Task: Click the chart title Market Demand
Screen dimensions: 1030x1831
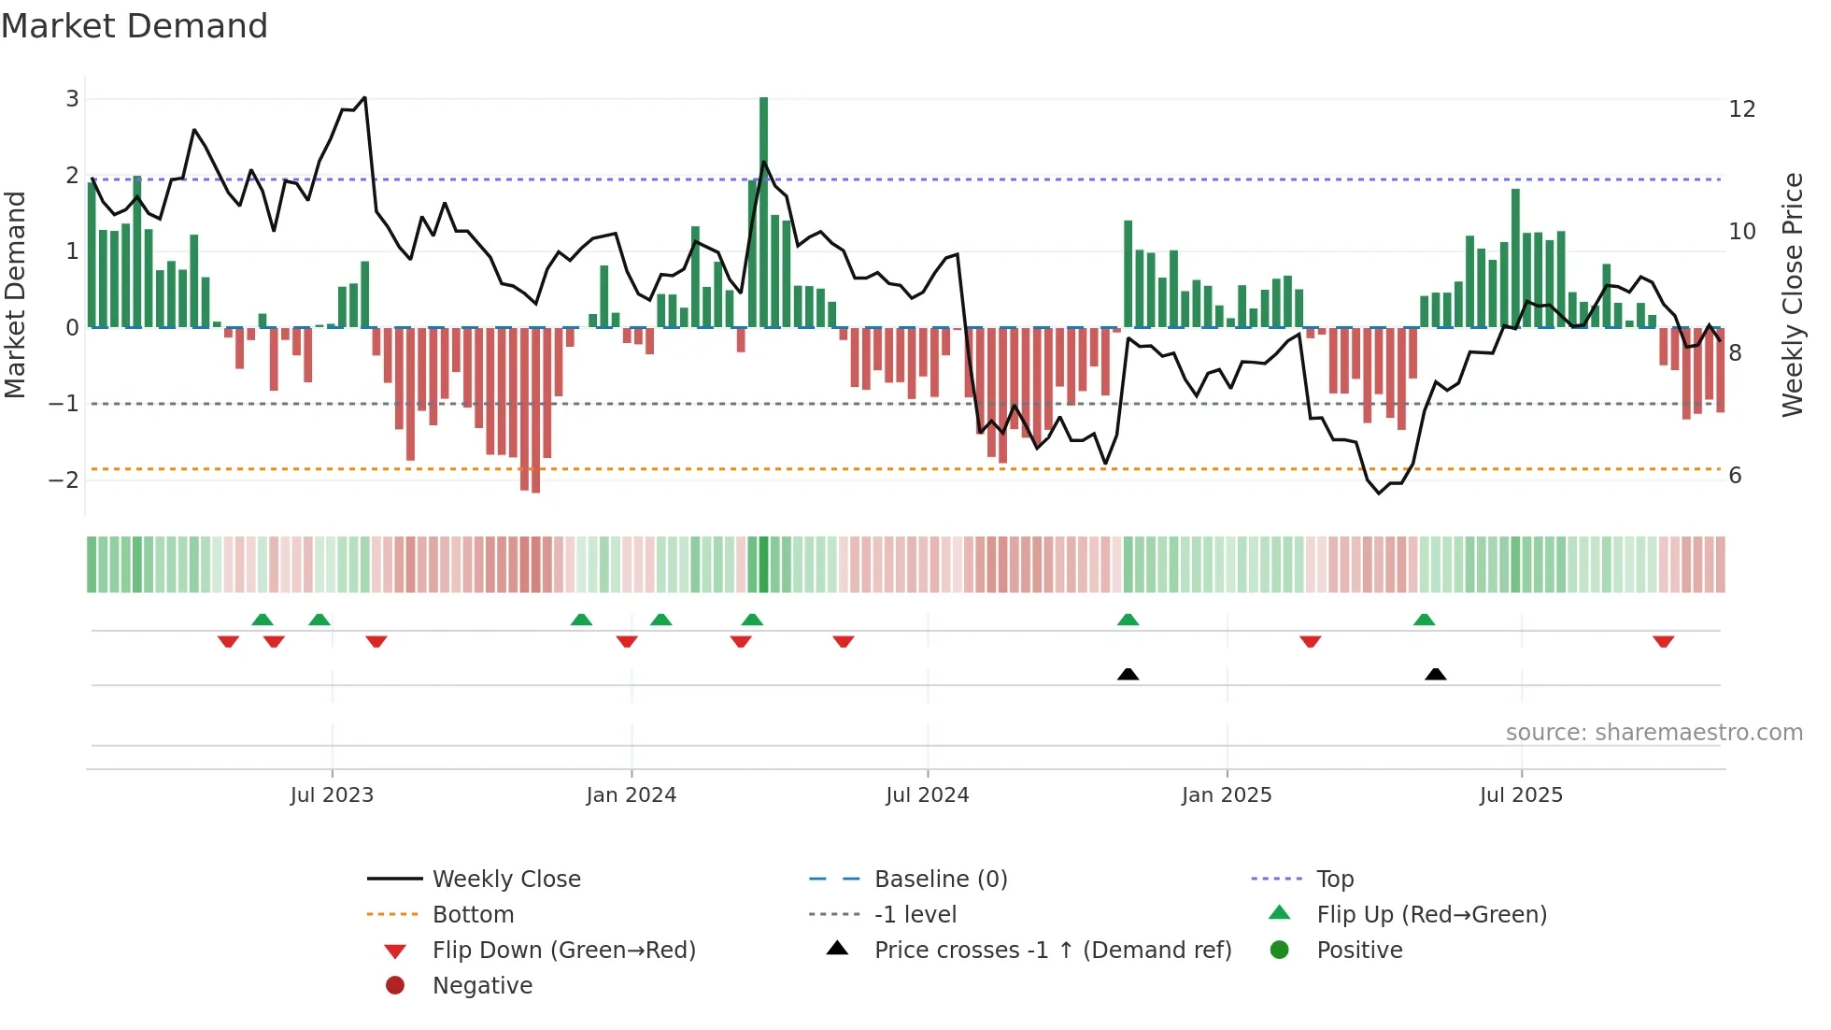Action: pos(135,26)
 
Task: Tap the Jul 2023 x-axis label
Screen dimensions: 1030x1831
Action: pos(332,795)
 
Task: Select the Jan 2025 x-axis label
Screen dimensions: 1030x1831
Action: pos(1226,795)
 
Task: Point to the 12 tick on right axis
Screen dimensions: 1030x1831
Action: pos(1742,109)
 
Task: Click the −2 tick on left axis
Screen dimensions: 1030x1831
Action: pos(64,480)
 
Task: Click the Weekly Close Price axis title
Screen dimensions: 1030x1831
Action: pos(1792,294)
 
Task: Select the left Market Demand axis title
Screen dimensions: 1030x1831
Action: pos(15,294)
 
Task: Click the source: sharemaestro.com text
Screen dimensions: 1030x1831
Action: pos(1654,733)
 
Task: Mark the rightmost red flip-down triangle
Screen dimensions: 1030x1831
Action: pos(1663,641)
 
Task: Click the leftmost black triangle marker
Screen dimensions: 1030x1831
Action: pos(1128,674)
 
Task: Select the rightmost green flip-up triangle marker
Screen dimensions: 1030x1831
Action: pos(1424,620)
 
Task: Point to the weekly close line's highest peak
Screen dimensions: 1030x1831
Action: pos(364,97)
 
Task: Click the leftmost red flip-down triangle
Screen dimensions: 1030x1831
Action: pos(228,641)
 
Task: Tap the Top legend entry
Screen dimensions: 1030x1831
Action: pos(1334,880)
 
